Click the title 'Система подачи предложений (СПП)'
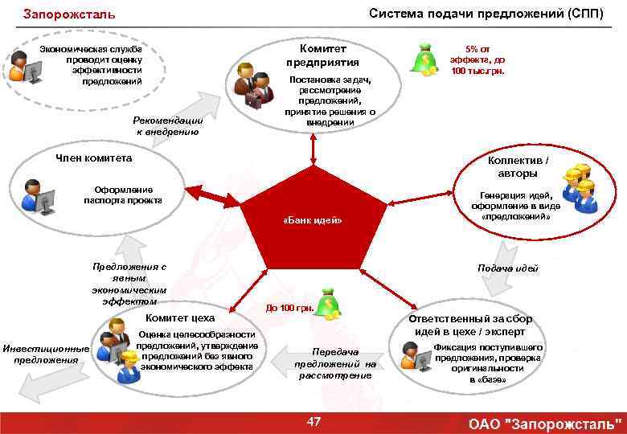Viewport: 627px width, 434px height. point(486,14)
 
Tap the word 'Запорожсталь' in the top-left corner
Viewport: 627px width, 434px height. point(69,14)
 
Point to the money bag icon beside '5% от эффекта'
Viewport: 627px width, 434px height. point(423,58)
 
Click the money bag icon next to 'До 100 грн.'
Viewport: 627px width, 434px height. point(327,303)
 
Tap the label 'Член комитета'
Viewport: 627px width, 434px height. point(93,158)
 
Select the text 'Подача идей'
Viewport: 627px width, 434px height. point(508,268)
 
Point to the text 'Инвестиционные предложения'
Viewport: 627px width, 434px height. point(45,354)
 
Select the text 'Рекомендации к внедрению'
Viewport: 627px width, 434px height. point(169,125)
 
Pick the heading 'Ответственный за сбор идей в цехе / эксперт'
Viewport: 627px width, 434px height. point(469,325)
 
